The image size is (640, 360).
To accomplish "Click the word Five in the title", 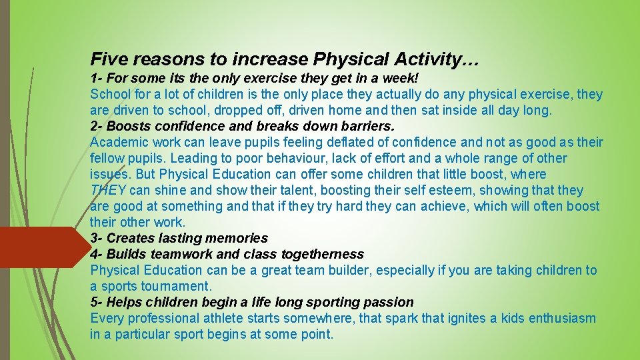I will (x=109, y=60).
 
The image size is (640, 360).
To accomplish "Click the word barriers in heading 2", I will (x=367, y=126).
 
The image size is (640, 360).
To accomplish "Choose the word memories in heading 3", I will (x=238, y=238).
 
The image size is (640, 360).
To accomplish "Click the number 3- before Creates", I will (x=97, y=238).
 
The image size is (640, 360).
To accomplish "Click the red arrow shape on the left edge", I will (x=40, y=247).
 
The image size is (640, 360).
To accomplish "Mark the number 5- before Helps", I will (x=97, y=302).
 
